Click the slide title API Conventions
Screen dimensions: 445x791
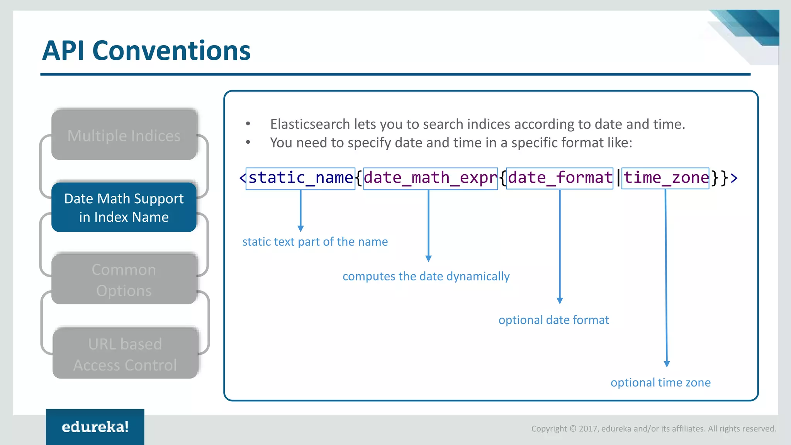pos(146,51)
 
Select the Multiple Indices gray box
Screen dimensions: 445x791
pos(124,135)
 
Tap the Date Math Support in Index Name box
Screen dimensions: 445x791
pos(124,207)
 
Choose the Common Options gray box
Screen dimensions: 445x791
pos(124,280)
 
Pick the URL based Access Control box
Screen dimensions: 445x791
pos(125,354)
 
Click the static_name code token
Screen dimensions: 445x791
pos(300,178)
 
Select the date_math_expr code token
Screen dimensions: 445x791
pos(430,178)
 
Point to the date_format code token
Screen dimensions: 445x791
pos(560,178)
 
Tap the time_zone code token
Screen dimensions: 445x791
pos(665,178)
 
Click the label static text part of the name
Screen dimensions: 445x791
pos(315,242)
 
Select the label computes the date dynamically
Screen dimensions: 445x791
pos(426,277)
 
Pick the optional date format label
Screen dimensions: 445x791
pos(553,320)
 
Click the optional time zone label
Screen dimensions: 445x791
pos(660,382)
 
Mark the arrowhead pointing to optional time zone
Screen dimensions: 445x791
pos(667,364)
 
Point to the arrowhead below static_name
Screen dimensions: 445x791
pos(300,229)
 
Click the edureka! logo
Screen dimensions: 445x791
pos(95,427)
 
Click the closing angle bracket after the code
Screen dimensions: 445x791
pos(734,178)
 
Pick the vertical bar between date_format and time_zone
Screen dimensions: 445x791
pos(618,178)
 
